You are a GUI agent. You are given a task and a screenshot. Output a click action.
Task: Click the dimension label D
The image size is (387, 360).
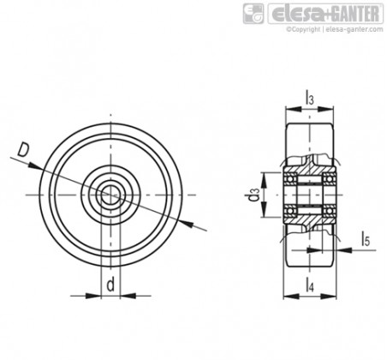[23, 150]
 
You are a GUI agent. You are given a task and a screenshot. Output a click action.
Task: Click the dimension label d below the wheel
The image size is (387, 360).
[110, 285]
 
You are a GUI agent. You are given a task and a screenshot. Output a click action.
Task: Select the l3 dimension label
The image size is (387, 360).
[310, 97]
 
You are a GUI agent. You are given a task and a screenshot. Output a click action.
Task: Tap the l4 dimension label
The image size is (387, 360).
[310, 285]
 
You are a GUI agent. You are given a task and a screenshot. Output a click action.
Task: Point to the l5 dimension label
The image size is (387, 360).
[366, 239]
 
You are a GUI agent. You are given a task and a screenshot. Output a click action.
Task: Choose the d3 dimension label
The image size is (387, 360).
[253, 195]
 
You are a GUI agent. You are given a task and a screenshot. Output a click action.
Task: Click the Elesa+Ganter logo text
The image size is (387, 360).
[325, 14]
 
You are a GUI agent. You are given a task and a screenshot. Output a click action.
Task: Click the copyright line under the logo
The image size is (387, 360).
[335, 29]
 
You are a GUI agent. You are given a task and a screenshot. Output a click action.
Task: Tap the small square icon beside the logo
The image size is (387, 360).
[253, 14]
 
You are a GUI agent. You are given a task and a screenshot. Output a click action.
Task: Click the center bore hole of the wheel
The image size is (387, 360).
[110, 195]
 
